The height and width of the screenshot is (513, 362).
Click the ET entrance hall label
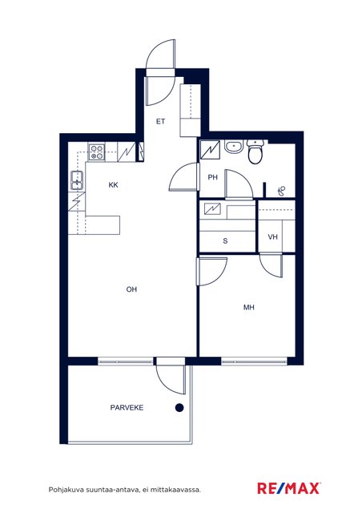pos(160,122)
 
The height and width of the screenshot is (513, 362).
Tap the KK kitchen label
pos(113,185)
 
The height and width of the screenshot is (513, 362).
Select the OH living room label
pos(131,289)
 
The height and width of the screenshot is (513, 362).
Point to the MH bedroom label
pos(249,307)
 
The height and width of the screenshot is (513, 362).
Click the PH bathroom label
pos(212,177)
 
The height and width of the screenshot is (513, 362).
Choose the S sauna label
pos(225,241)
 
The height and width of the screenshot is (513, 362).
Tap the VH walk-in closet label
pos(273,237)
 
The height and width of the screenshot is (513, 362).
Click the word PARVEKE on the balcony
pos(127,408)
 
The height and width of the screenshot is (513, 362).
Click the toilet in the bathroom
pos(255,151)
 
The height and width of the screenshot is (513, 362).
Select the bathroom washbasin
pos(234,147)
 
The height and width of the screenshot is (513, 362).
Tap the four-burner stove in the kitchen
pos(97,152)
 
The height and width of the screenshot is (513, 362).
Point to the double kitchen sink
pos(78,180)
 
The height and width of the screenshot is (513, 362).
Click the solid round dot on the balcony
pos(179,408)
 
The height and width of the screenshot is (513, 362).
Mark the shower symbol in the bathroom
pos(281,191)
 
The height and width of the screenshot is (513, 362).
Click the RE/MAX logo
pos(289,488)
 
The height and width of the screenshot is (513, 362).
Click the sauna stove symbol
pos(212,208)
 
